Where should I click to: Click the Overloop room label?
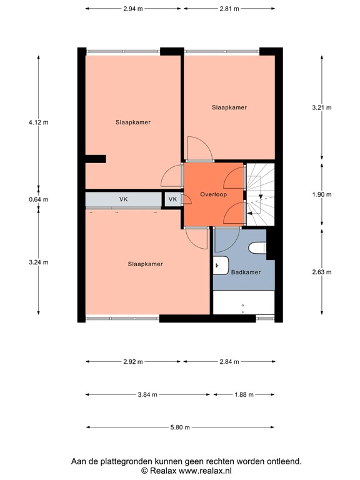(x=213, y=194)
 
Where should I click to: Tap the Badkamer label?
(x=246, y=272)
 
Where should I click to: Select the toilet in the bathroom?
(x=257, y=248)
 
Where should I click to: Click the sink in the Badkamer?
(x=221, y=266)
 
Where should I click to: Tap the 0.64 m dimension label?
(x=38, y=199)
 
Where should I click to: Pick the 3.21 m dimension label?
(x=322, y=107)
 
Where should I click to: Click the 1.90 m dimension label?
(x=322, y=194)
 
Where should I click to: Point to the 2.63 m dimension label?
(x=322, y=272)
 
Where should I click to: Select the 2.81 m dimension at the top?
(x=230, y=9)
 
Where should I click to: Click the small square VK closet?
(x=172, y=200)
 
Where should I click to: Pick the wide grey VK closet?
(x=123, y=200)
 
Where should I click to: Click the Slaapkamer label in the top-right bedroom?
(x=229, y=107)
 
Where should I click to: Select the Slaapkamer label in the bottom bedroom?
(x=145, y=264)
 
